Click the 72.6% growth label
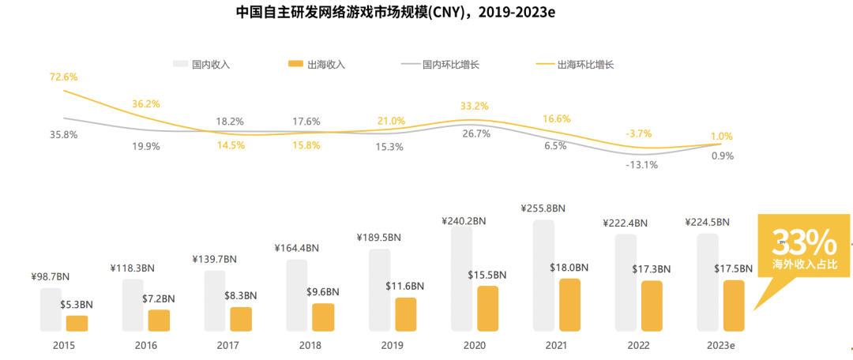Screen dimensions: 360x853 [x=63, y=77]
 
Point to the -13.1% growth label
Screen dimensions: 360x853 [x=642, y=165]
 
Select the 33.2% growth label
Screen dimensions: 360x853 [x=475, y=106]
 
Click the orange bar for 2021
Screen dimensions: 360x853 [x=569, y=305]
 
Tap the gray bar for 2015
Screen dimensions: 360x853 [x=51, y=309]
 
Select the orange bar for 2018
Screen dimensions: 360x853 [x=323, y=317]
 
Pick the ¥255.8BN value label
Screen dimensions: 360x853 [x=543, y=208]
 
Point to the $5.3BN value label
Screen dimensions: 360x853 [x=77, y=304]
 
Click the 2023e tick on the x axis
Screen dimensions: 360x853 [x=720, y=345]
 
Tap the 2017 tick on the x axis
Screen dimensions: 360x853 [x=227, y=345]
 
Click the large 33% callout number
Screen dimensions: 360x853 [x=803, y=240]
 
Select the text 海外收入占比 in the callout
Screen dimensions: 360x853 [x=803, y=261]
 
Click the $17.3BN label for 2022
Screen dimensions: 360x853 [x=652, y=269]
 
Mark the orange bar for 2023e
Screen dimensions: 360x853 [x=734, y=306]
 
